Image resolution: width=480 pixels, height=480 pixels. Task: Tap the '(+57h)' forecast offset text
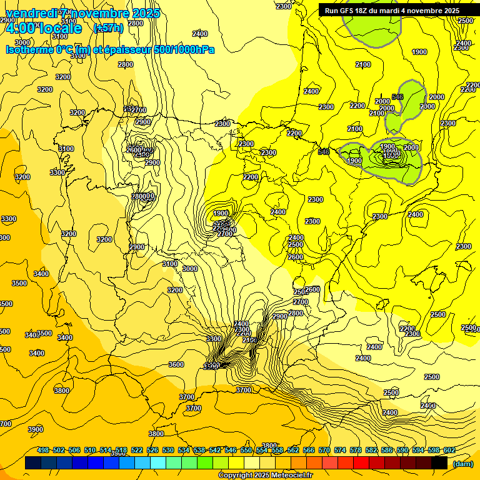(x=108, y=28)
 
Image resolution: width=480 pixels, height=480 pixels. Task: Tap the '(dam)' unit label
(x=462, y=463)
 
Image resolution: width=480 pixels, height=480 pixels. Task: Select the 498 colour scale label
(x=43, y=450)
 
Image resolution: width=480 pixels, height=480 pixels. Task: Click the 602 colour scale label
(x=449, y=450)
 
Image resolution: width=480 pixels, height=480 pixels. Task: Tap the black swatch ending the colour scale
(x=439, y=463)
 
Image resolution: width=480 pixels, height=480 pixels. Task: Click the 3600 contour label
(x=176, y=364)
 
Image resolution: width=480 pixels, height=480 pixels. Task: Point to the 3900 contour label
(x=36, y=429)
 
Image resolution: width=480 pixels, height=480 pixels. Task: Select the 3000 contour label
(x=190, y=269)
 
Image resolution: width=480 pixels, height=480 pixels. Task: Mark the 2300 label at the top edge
(x=283, y=6)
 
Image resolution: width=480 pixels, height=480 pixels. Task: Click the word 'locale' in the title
(x=59, y=28)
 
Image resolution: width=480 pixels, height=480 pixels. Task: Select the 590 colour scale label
(x=402, y=450)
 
